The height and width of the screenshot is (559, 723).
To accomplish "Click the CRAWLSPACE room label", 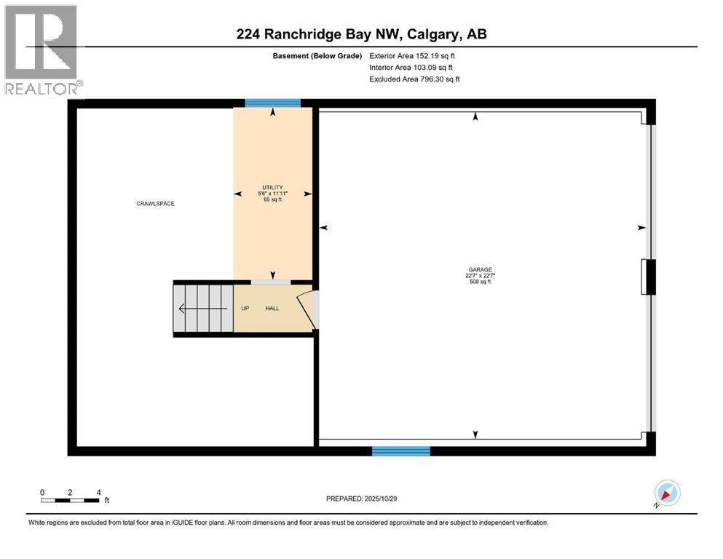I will click(x=155, y=204).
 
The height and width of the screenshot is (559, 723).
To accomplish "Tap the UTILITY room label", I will click(x=272, y=187).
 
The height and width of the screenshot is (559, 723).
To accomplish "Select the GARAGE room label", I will click(x=475, y=269).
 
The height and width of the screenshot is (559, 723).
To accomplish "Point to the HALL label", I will click(x=272, y=309).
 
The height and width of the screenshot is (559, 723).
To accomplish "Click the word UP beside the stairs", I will click(x=245, y=309).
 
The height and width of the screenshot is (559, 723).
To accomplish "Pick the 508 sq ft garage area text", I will click(x=475, y=282).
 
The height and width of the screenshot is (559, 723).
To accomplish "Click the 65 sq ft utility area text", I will click(x=272, y=199).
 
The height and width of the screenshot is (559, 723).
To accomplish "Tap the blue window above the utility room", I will click(x=272, y=103).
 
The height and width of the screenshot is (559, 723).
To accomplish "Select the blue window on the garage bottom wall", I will click(x=400, y=451).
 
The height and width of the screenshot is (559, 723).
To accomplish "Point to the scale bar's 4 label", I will click(x=98, y=492).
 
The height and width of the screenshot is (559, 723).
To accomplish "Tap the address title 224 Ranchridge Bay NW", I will click(x=361, y=33).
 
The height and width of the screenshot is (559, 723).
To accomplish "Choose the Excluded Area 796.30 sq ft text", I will click(x=414, y=79).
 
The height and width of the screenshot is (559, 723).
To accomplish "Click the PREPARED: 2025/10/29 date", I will click(x=361, y=499).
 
